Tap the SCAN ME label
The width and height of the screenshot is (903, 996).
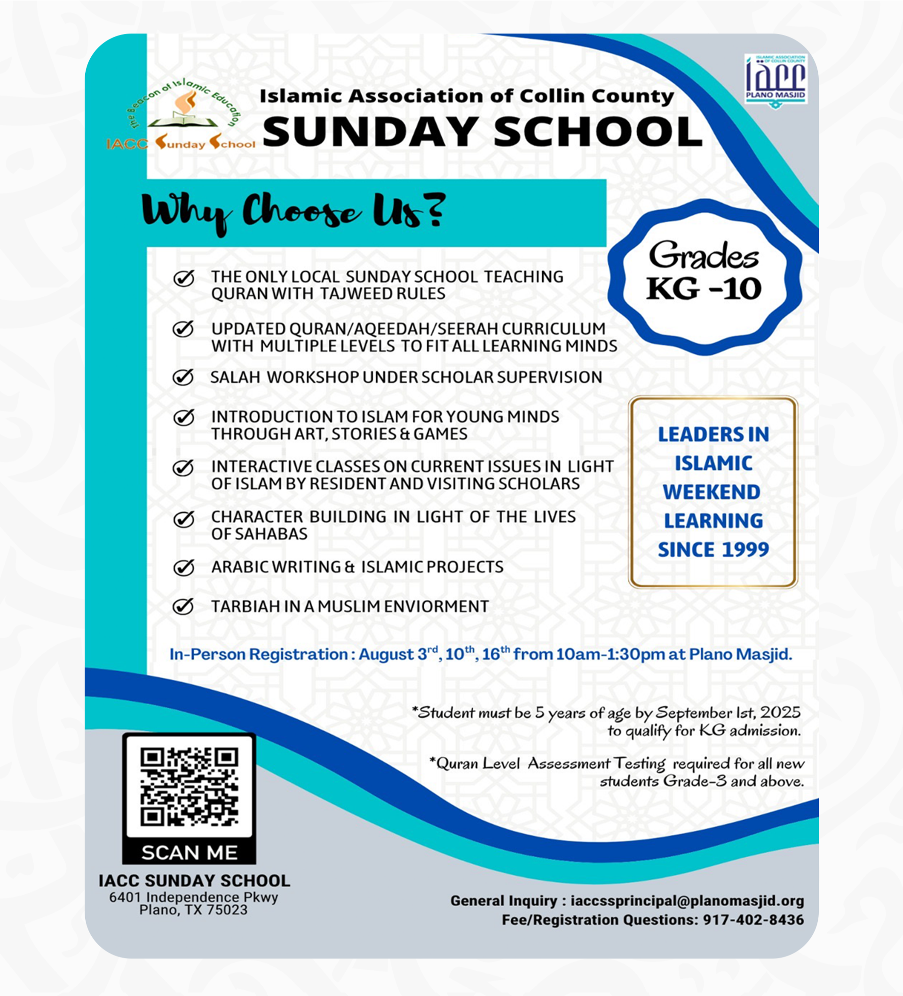189,852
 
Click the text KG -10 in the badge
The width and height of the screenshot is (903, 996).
704,289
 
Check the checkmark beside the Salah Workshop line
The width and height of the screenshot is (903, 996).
183,377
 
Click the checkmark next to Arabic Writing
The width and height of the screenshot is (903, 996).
183,567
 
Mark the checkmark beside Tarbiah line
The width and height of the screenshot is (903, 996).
183,606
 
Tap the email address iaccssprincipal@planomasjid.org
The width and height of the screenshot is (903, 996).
687,901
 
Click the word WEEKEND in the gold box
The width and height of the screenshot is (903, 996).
712,492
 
